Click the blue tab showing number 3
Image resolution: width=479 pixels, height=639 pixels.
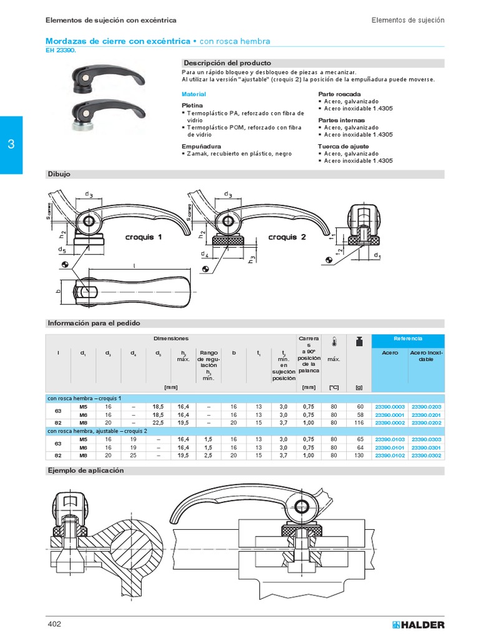point(11,145)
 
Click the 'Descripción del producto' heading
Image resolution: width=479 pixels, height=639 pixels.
point(226,63)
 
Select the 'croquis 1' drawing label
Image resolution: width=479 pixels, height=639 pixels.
point(143,237)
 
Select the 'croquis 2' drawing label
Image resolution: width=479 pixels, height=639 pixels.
point(287,237)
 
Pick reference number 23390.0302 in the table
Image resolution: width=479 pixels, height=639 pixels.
point(426,456)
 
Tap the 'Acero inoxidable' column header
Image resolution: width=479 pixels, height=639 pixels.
point(426,356)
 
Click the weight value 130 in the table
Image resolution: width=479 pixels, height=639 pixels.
point(359,456)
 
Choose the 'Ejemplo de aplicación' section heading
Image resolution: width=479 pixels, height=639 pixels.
point(86,471)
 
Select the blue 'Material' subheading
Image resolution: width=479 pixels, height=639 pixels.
point(193,94)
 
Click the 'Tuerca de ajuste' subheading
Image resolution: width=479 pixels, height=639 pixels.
point(344,146)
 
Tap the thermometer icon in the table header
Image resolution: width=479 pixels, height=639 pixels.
point(334,341)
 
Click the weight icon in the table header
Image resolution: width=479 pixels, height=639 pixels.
point(359,341)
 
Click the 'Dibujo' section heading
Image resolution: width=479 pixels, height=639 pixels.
point(60,174)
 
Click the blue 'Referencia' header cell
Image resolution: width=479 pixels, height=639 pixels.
point(408,338)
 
